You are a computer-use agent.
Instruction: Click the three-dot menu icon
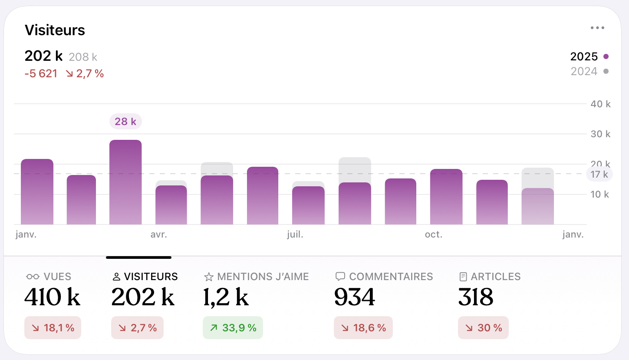[x=597, y=28]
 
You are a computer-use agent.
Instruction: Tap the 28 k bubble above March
[x=125, y=122]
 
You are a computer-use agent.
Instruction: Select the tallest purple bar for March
[x=125, y=182]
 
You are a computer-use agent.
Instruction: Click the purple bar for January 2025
[x=37, y=192]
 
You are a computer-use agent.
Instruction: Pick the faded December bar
[x=537, y=206]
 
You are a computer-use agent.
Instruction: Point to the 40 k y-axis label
[x=600, y=104]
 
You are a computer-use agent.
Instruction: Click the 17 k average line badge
[x=599, y=175]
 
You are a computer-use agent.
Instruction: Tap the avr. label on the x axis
[x=159, y=235]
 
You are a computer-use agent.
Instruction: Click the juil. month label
[x=295, y=235]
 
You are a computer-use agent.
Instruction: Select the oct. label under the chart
[x=434, y=235]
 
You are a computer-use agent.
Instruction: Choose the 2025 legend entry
[x=589, y=56]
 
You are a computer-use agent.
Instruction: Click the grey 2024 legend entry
[x=589, y=71]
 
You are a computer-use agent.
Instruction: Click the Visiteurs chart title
[x=55, y=30]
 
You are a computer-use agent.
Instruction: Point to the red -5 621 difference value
[x=41, y=74]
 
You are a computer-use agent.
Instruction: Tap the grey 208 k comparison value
[x=83, y=57]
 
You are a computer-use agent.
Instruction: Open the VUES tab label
[x=57, y=277]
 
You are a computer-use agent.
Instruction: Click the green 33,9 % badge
[x=233, y=328]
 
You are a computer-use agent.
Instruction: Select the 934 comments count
[x=355, y=297]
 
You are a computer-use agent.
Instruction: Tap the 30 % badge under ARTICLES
[x=483, y=328]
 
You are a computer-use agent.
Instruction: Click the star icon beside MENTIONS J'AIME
[x=209, y=277]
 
